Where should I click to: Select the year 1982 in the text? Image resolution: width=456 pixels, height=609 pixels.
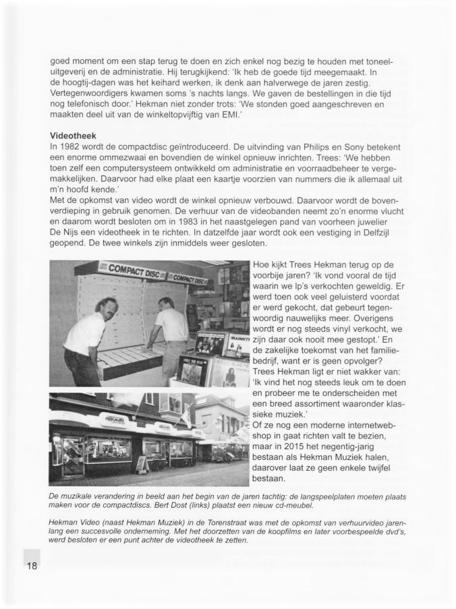click(x=73, y=146)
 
